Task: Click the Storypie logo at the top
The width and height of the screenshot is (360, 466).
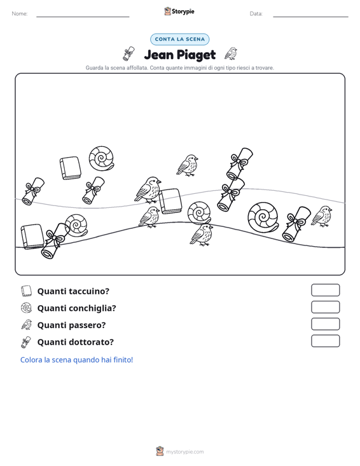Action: [179, 11]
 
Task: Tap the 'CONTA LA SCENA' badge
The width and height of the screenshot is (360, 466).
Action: [179, 39]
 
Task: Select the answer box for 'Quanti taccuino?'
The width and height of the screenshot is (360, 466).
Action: [325, 290]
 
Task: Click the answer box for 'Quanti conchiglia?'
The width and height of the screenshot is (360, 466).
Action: [325, 307]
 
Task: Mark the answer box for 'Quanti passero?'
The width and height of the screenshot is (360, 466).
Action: [325, 324]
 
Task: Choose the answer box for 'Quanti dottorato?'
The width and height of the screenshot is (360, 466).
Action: [325, 341]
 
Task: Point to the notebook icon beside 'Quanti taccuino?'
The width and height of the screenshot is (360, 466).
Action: [26, 291]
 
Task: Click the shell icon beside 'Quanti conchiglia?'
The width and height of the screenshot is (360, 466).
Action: [26, 308]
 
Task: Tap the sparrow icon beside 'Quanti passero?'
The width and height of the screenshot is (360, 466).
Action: [27, 325]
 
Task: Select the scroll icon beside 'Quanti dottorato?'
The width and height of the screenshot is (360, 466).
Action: [26, 342]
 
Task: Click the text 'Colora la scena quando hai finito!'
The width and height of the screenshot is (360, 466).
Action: [76, 360]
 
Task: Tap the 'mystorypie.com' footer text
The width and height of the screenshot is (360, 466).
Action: [185, 452]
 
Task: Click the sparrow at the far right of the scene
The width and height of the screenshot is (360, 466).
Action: [322, 216]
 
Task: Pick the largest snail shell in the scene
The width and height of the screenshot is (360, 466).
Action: [263, 217]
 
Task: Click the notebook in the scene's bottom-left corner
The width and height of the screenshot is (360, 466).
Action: [32, 236]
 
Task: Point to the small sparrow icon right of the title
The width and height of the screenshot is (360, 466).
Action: [231, 53]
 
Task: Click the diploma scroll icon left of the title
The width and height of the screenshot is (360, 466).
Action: [128, 53]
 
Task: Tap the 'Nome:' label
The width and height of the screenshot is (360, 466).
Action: [20, 14]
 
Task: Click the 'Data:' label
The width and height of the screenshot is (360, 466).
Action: [256, 14]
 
